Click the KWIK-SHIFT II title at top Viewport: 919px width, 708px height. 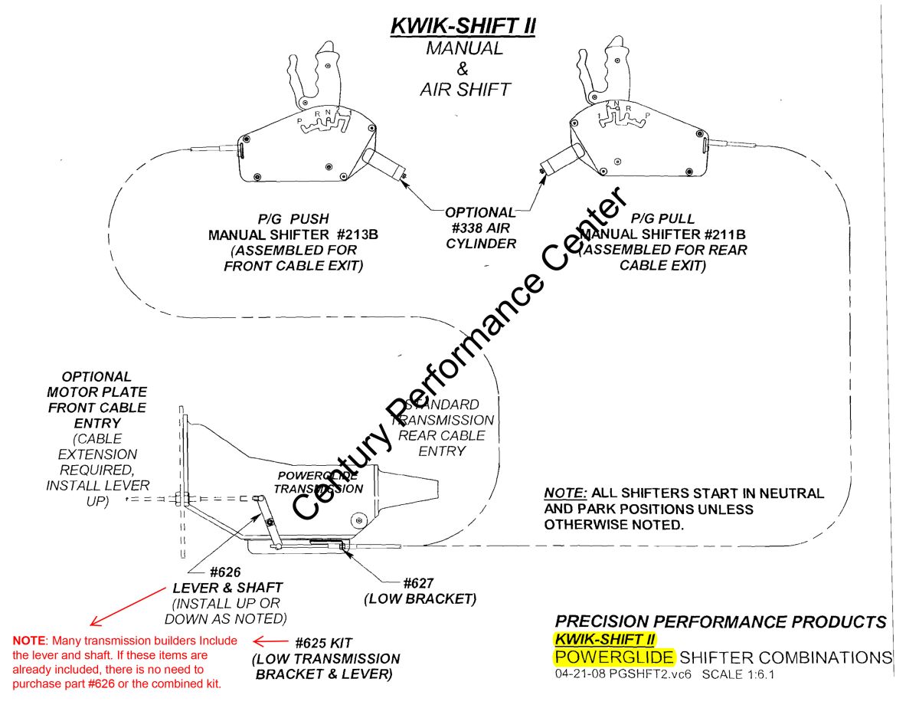(463, 25)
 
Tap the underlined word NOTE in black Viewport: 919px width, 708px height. (563, 493)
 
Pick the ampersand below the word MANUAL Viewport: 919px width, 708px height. (462, 69)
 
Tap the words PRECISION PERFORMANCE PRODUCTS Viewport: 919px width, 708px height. (720, 622)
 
